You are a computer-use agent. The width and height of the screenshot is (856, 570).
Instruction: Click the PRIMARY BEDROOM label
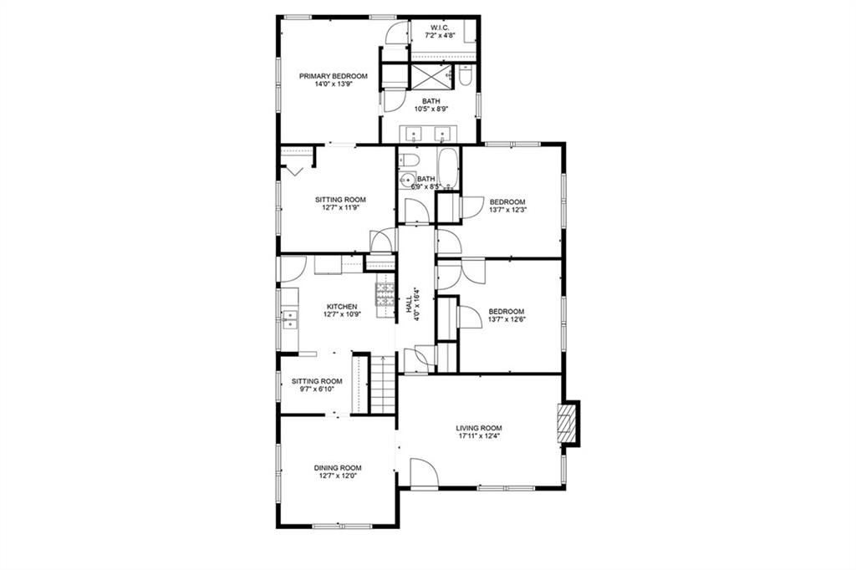pyautogui.click(x=334, y=76)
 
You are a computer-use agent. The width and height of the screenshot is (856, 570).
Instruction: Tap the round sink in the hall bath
pyautogui.click(x=407, y=179)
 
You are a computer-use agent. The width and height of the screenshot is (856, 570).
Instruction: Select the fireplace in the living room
pyautogui.click(x=568, y=424)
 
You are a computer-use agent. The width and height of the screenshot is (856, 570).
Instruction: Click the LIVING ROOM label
pyautogui.click(x=480, y=428)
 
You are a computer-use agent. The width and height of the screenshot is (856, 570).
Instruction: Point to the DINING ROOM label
pyautogui.click(x=338, y=468)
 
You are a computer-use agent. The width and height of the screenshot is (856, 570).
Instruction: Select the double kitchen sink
pyautogui.click(x=289, y=318)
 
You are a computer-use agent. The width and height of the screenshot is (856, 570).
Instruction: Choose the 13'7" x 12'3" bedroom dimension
pyautogui.click(x=507, y=211)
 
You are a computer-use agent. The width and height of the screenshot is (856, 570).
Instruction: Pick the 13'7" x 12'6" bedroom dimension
pyautogui.click(x=507, y=318)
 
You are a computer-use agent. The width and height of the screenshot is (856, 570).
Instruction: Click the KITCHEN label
pyautogui.click(x=341, y=307)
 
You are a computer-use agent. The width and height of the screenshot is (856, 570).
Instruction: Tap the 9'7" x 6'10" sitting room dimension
pyautogui.click(x=318, y=389)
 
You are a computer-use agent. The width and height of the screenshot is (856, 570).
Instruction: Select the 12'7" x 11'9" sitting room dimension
pyautogui.click(x=341, y=207)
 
